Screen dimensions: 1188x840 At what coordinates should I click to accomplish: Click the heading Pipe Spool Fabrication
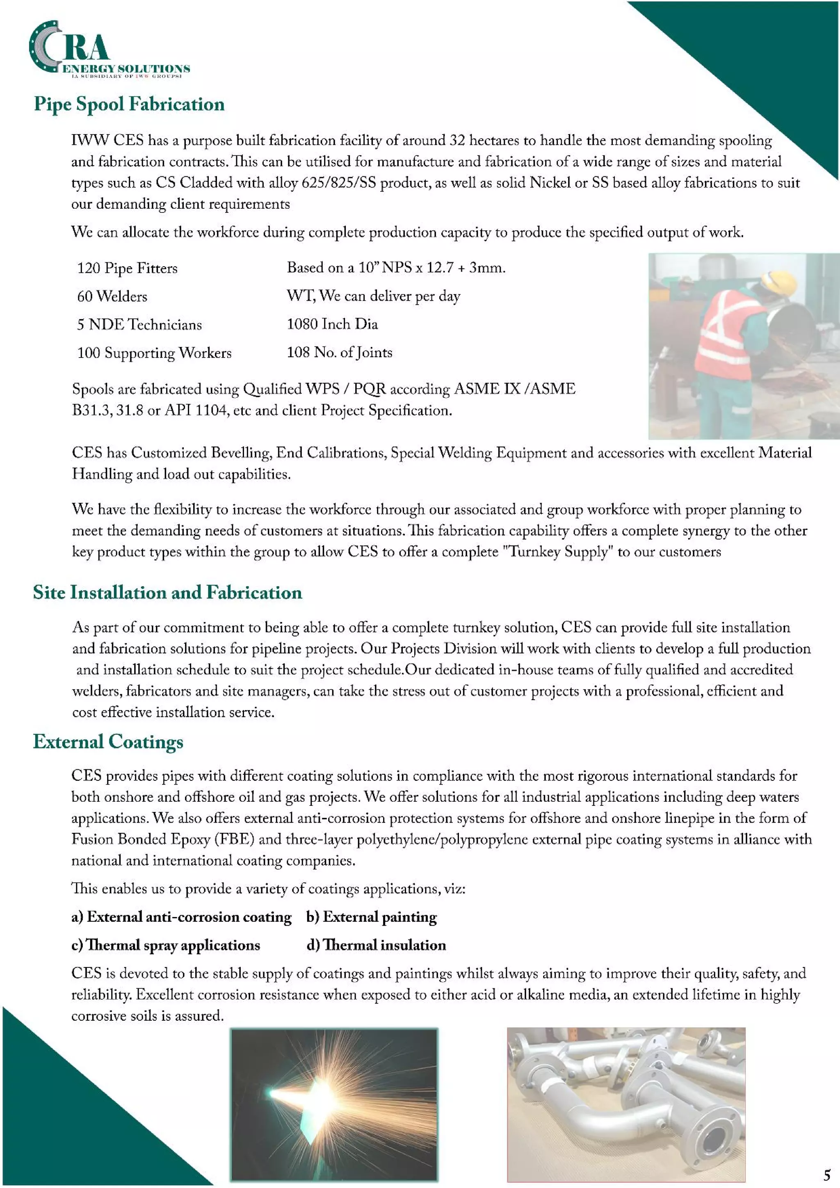129,104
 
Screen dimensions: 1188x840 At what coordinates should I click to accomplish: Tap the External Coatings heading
108,741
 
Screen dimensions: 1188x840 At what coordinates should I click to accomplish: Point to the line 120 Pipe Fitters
127,268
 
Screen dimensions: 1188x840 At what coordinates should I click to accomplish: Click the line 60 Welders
112,296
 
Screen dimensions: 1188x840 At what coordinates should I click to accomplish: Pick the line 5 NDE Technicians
139,324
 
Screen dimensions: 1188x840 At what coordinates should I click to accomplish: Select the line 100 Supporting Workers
154,353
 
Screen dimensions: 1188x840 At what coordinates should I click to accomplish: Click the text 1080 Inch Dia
332,324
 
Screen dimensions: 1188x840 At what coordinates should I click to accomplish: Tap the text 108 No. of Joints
340,352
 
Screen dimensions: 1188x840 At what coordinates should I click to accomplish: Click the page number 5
826,1174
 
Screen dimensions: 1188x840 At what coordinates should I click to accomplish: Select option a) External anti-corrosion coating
181,917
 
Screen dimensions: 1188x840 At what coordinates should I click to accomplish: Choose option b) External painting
371,917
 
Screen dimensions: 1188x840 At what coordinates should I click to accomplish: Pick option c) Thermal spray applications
166,945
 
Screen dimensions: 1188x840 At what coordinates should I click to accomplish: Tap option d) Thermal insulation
376,945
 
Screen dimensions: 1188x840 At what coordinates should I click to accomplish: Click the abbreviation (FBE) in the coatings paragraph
235,839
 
